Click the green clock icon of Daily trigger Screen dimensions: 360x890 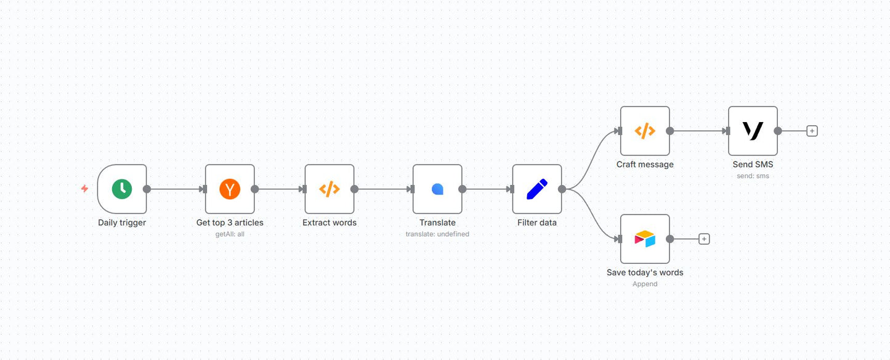[122, 189]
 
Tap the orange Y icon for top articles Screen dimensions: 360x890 [230, 189]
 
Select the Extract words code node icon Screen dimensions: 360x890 [330, 189]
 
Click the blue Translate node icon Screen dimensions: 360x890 [437, 189]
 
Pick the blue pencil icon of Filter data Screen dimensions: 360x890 [537, 189]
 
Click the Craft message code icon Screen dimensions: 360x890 [645, 131]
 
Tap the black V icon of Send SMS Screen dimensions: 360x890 [753, 131]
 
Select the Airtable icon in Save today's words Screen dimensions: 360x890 [645, 239]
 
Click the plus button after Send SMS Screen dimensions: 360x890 [812, 131]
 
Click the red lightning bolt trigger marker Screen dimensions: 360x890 [85, 189]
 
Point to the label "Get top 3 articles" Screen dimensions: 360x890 [230, 223]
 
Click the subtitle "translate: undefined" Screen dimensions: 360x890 [437, 234]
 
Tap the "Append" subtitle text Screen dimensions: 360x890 [645, 284]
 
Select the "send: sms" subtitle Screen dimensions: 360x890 [753, 176]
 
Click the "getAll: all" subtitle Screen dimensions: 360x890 [230, 234]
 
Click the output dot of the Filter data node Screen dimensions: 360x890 [562, 189]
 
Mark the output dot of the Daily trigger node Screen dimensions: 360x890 [147, 189]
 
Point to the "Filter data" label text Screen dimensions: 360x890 [537, 223]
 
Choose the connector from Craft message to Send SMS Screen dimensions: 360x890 [698, 131]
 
